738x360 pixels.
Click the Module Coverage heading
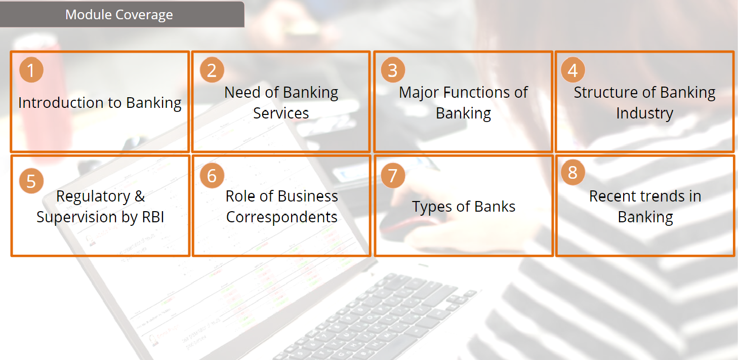(x=119, y=15)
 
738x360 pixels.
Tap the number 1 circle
(x=31, y=70)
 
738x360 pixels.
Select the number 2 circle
(x=212, y=70)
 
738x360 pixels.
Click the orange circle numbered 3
(x=393, y=70)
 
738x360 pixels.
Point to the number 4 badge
(x=573, y=70)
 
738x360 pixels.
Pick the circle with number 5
(x=31, y=181)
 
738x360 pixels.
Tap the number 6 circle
(x=212, y=175)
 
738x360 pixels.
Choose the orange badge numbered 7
(x=393, y=175)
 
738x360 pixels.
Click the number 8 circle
(x=573, y=172)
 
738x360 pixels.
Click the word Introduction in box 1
(x=61, y=102)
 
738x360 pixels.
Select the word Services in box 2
(x=281, y=113)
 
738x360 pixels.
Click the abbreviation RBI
(x=153, y=217)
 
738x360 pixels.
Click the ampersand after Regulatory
(x=140, y=196)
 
